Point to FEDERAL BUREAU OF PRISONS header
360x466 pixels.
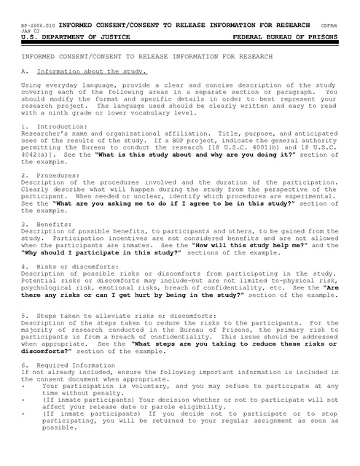pyautogui.click(x=286, y=36)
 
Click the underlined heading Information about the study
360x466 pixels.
pyautogui.click(x=93, y=71)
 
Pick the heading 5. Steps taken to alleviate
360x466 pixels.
pyautogui.click(x=88, y=314)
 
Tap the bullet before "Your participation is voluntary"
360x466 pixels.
pyautogui.click(x=24, y=385)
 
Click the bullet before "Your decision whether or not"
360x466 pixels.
pyautogui.click(x=24, y=400)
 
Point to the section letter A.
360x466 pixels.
pyautogui.click(x=25, y=71)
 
